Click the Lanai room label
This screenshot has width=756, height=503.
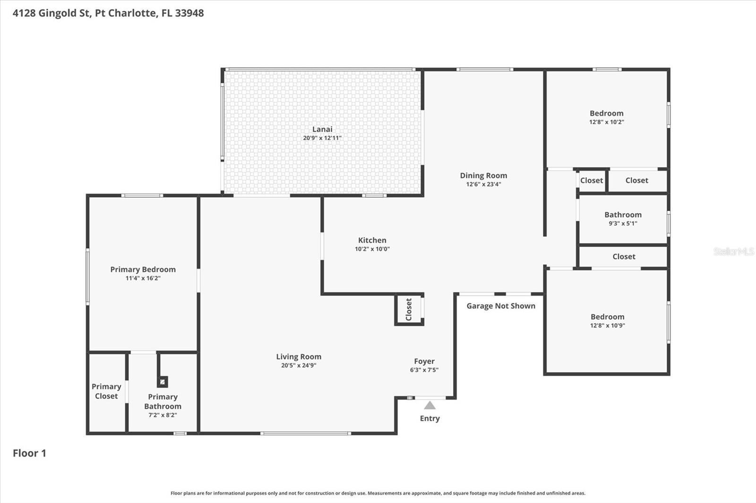click(322, 129)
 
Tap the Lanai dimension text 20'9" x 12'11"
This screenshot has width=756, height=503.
click(322, 138)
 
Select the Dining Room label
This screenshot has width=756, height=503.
click(483, 176)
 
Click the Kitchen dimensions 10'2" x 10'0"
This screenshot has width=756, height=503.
click(372, 249)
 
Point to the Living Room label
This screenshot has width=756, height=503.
click(299, 357)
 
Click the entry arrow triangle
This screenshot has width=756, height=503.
click(430, 405)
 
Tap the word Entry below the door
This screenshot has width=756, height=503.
click(430, 419)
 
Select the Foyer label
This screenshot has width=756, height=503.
click(424, 361)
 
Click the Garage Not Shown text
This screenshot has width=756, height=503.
click(501, 306)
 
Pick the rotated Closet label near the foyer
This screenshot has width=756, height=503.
click(409, 310)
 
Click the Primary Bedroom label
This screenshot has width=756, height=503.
click(143, 269)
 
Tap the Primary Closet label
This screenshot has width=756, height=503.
click(106, 391)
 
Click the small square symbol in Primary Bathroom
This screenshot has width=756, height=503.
click(163, 381)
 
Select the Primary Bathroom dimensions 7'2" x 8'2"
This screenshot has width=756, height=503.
click(163, 415)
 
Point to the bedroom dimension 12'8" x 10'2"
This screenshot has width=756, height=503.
click(607, 122)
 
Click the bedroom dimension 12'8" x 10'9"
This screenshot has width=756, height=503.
click(607, 326)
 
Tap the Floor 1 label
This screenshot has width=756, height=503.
click(29, 453)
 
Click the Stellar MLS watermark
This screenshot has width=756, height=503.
click(733, 251)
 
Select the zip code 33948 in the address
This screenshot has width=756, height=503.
click(189, 13)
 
